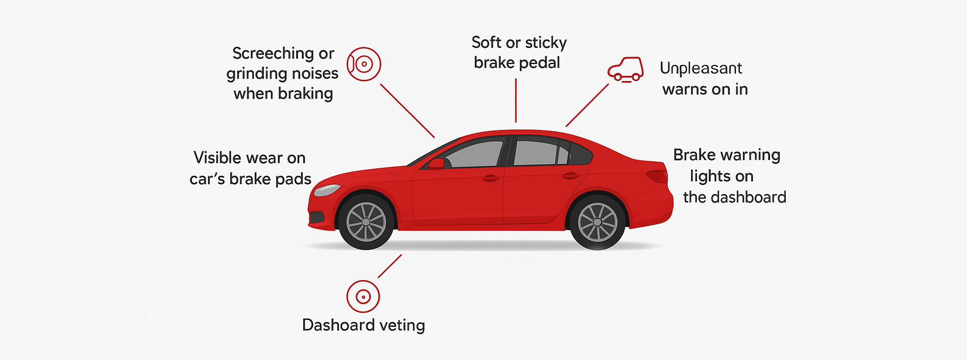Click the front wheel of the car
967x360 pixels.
click(x=366, y=222)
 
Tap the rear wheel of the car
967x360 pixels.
click(x=597, y=222)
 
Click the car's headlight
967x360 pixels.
click(x=327, y=190)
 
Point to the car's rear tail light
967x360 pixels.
click(x=657, y=176)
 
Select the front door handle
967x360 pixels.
click(x=490, y=178)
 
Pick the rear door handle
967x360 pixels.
click(x=571, y=176)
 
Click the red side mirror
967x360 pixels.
click(x=437, y=164)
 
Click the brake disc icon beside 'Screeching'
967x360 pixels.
click(x=364, y=64)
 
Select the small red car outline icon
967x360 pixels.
click(x=626, y=69)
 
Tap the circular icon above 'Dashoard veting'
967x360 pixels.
click(x=363, y=297)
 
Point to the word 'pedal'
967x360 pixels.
click(x=540, y=63)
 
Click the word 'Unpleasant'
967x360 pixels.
click(x=701, y=68)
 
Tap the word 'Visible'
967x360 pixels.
click(x=218, y=158)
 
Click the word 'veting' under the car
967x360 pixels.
click(x=402, y=325)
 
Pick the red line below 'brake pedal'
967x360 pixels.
click(x=516, y=100)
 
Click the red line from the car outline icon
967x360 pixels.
click(x=587, y=105)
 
